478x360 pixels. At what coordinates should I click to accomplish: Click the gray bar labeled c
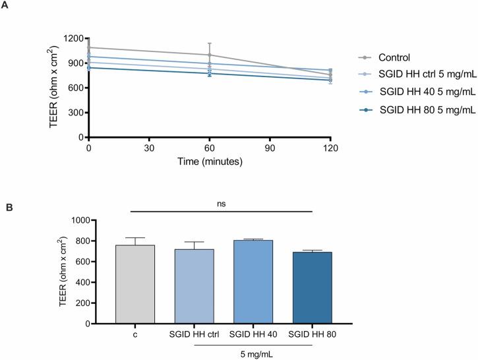click(135, 284)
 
